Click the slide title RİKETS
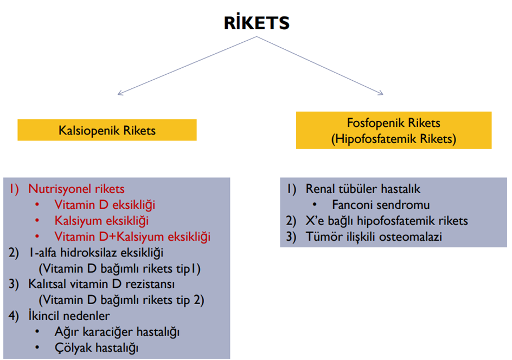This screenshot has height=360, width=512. pyautogui.click(x=257, y=23)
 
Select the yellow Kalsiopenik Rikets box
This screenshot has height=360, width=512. pyautogui.click(x=107, y=131)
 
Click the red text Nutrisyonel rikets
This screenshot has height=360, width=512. pyautogui.click(x=76, y=189)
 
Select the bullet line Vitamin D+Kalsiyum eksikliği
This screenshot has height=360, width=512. pyautogui.click(x=132, y=236)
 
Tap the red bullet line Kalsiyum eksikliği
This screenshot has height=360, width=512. pyautogui.click(x=101, y=221)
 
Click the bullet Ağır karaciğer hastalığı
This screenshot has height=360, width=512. pyautogui.click(x=117, y=331)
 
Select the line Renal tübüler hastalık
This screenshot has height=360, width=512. pyautogui.click(x=363, y=189)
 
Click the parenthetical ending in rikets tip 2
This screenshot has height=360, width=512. pyautogui.click(x=121, y=300)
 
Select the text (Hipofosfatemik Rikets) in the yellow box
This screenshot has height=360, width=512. pyautogui.click(x=394, y=139)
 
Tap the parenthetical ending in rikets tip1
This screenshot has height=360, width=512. pyautogui.click(x=120, y=268)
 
